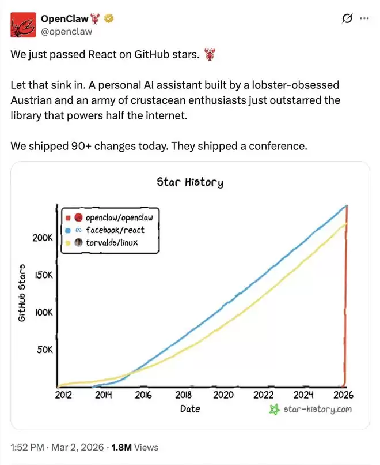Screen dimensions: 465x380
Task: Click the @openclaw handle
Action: coord(67,31)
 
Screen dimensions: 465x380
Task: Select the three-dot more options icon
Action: coord(364,18)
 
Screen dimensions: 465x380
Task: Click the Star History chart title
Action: coord(190,182)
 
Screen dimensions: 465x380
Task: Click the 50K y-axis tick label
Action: coord(44,350)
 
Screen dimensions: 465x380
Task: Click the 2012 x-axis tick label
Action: coord(63,395)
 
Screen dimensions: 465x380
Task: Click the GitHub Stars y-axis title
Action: coord(22,293)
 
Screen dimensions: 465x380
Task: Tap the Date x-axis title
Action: coord(190,408)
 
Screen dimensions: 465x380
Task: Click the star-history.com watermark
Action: coord(310,409)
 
